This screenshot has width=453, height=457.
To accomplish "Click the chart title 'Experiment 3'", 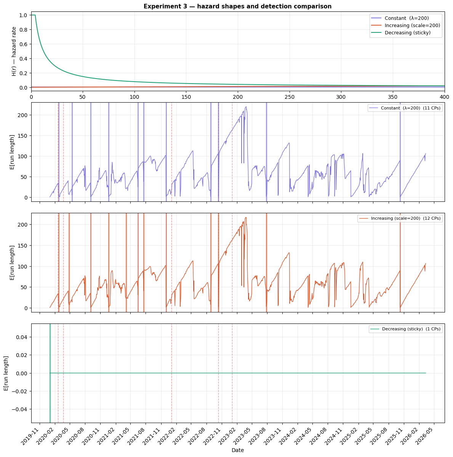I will (x=237, y=6).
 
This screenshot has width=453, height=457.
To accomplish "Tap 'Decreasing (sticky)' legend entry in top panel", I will (x=408, y=33).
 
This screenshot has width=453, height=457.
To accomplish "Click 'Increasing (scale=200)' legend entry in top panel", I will (x=412, y=26).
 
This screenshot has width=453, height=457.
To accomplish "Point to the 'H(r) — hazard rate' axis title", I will (x=14, y=51).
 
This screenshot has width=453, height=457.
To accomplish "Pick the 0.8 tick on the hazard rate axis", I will (x=22, y=30).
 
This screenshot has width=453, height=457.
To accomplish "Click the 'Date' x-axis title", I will (x=238, y=450).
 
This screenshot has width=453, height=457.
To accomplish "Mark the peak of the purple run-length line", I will (x=246, y=107).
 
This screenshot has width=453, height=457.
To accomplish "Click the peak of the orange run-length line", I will (x=246, y=217).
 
